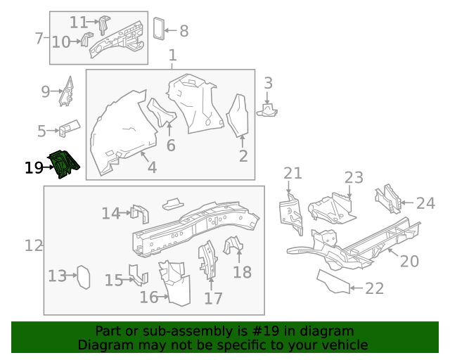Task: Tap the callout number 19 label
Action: [33, 168]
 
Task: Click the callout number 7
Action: [39, 38]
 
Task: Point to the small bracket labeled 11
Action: [103, 24]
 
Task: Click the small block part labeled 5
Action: [68, 128]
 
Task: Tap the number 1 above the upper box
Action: [172, 56]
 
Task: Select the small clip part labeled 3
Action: [269, 110]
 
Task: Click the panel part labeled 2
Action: [239, 115]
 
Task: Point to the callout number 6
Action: [170, 145]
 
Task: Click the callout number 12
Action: [34, 245]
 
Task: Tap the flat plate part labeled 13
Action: [82, 276]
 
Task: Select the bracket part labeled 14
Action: [140, 212]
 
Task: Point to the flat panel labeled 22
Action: [332, 281]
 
